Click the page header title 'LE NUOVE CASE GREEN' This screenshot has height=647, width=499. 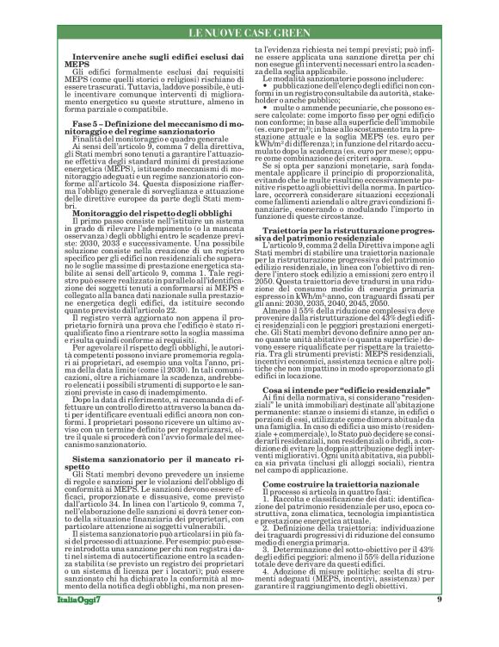[249, 34]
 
